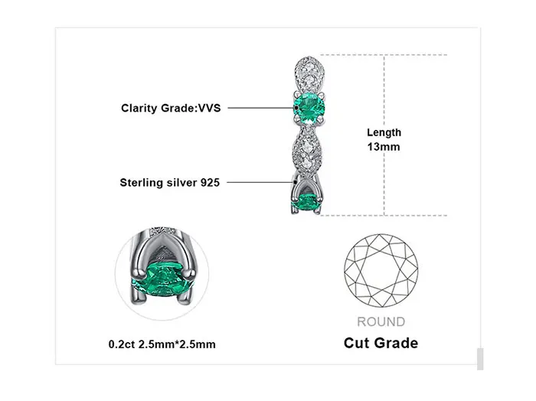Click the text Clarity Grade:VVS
[x=171, y=108]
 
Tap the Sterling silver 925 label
[x=169, y=182]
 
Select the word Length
[x=383, y=133]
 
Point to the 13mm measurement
[x=383, y=147]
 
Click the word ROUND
[x=381, y=321]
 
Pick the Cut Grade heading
[x=381, y=342]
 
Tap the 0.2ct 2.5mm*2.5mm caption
[x=162, y=344]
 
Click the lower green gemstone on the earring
[x=308, y=202]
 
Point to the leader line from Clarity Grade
[x=257, y=108]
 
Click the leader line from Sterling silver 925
[x=257, y=182]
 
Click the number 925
[x=210, y=182]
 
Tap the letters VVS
[x=209, y=108]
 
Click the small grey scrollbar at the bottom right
[x=480, y=359]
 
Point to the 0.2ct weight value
[x=120, y=344]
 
